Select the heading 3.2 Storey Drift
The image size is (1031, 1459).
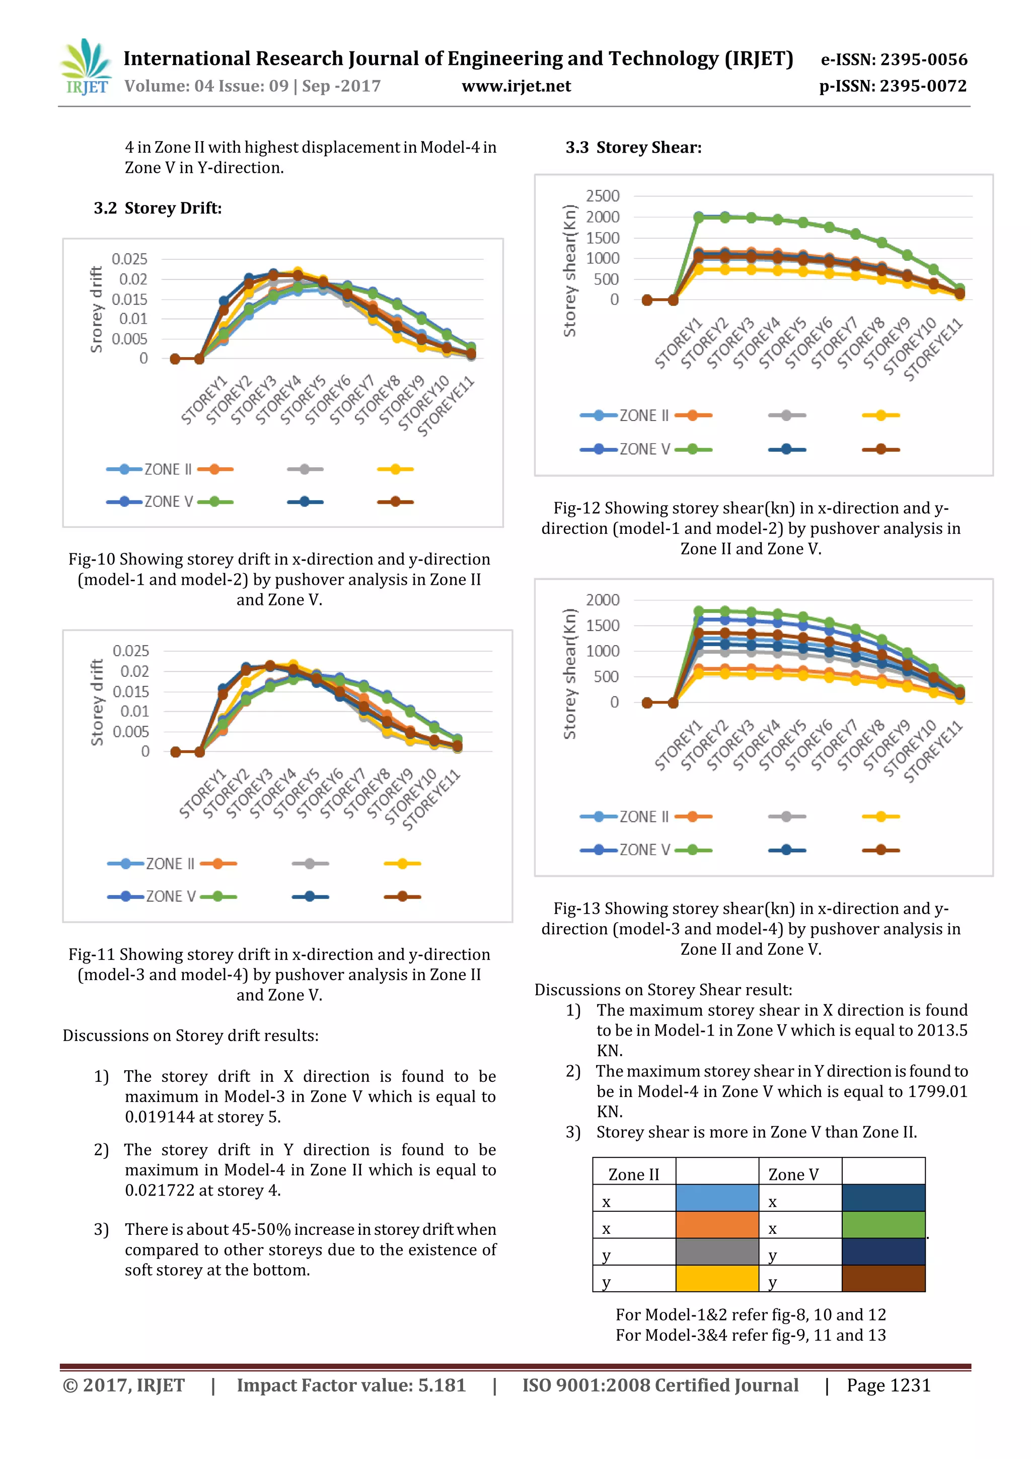pos(158,209)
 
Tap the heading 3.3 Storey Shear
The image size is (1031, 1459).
pos(633,148)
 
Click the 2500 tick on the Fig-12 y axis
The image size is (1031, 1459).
pos(602,196)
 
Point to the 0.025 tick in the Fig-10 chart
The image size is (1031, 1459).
pos(129,259)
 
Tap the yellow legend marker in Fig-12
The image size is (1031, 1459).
pos(880,415)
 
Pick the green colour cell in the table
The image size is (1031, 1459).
pos(883,1224)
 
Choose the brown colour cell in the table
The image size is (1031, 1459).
pos(883,1278)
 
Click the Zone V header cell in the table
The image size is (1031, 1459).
pos(793,1174)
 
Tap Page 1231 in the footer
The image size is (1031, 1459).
pos(888,1385)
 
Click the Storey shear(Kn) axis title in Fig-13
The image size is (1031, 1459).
pos(569,673)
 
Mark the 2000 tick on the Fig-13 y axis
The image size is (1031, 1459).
pos(602,600)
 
